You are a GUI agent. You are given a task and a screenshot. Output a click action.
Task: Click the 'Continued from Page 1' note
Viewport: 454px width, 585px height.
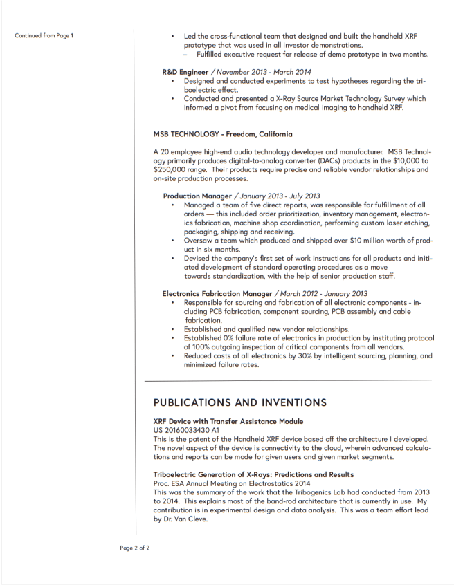coord(44,35)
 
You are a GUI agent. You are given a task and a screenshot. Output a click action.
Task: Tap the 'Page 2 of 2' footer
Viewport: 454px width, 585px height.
coord(134,548)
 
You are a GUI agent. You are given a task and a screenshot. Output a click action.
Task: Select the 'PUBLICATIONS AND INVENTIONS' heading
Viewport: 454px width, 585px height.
coord(240,402)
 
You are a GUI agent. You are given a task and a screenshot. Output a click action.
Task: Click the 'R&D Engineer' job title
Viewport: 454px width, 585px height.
coord(185,71)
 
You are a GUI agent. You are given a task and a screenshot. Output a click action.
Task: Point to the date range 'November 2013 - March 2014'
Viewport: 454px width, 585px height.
coord(262,71)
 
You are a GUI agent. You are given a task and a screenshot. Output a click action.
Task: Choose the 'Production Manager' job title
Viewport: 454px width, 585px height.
coord(197,196)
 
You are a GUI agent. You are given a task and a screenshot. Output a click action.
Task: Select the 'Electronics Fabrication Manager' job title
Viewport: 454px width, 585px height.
coord(217,293)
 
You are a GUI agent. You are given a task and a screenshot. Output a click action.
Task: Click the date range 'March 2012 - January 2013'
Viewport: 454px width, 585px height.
coord(324,293)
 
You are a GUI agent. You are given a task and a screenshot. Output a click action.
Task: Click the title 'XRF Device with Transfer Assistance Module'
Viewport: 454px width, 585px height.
coord(228,421)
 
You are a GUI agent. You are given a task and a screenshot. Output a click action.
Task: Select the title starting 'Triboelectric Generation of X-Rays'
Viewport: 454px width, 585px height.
coord(253,474)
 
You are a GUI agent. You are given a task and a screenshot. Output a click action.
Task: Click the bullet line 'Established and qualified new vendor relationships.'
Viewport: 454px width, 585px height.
coord(266,329)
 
